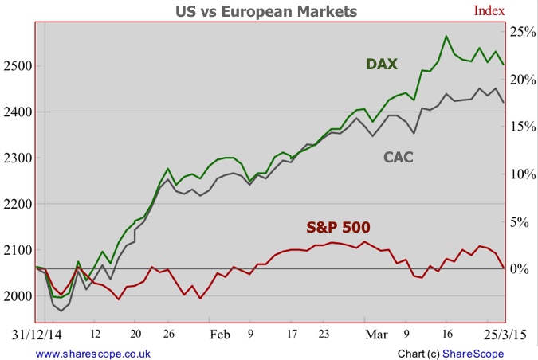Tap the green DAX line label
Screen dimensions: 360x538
382,64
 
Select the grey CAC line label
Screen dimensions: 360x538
399,158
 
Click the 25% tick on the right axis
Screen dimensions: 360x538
523,32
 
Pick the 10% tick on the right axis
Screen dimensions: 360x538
523,174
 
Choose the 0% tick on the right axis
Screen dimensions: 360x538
520,268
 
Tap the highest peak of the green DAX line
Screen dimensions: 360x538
446,36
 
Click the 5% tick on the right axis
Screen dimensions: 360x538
520,221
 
